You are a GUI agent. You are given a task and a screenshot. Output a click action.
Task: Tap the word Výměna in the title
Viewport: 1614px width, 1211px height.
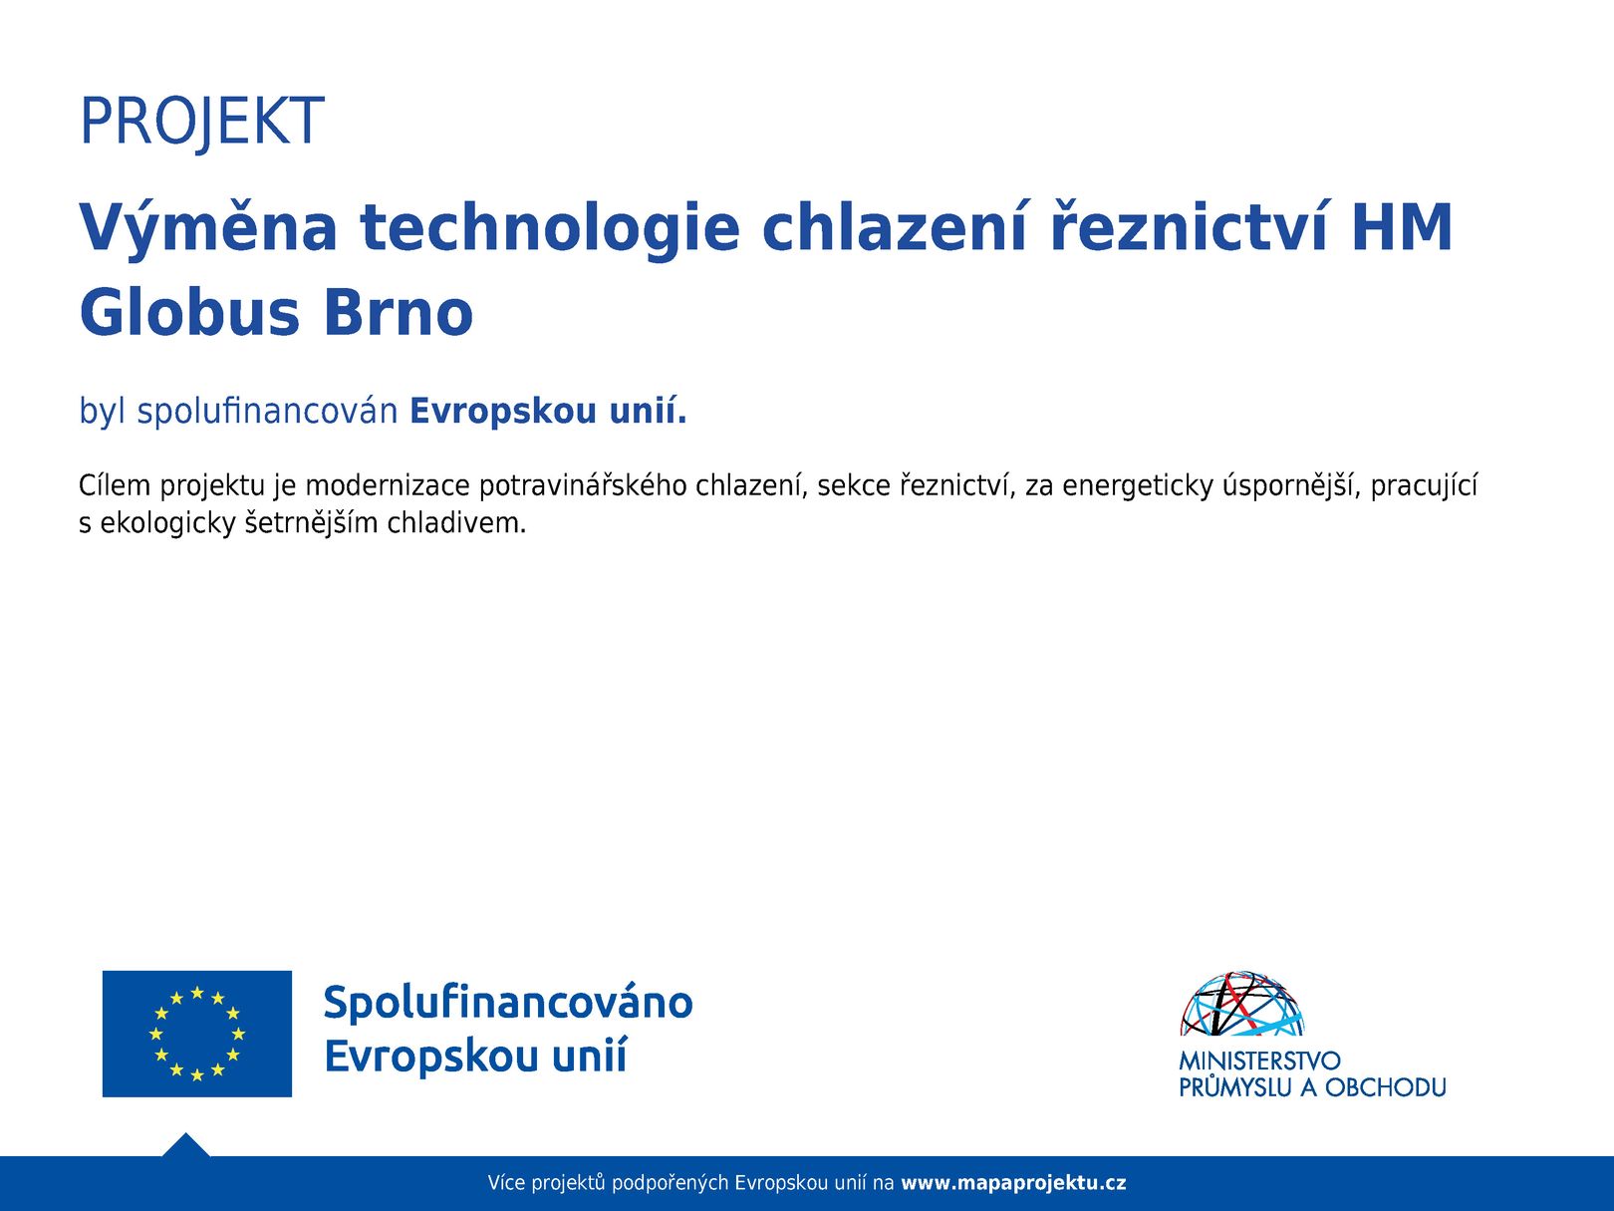coord(207,228)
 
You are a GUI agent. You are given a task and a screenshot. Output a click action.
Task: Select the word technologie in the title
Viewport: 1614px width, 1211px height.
coord(549,229)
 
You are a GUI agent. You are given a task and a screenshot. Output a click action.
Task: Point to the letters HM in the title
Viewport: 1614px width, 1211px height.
coord(1402,227)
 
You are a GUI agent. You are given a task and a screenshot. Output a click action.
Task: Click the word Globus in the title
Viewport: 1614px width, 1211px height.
coord(189,312)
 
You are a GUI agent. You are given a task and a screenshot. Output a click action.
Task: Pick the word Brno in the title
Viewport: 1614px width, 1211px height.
coord(398,312)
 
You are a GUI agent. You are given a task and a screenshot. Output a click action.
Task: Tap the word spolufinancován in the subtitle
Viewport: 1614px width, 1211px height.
coord(268,412)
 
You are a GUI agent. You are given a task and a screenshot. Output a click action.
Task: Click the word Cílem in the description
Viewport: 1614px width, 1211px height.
coord(115,485)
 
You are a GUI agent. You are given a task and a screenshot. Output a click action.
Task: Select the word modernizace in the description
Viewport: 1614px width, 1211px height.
coord(388,485)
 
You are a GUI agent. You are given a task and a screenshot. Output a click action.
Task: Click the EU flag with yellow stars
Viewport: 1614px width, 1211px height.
coord(197,1034)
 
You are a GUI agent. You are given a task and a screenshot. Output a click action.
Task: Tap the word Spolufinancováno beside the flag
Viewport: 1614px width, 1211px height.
coord(508,1003)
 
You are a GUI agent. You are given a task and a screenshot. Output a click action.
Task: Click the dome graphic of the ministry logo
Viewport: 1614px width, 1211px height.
coord(1241,1004)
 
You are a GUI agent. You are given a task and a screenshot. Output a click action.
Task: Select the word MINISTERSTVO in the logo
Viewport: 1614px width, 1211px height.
coord(1259,1060)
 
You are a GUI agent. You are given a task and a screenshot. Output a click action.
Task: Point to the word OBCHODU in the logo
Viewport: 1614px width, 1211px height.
coord(1385,1087)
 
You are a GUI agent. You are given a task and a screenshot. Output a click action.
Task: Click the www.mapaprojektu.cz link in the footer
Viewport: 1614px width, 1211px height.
coord(1013,1183)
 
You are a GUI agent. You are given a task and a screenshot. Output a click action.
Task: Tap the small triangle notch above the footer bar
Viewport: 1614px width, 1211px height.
coord(186,1145)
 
